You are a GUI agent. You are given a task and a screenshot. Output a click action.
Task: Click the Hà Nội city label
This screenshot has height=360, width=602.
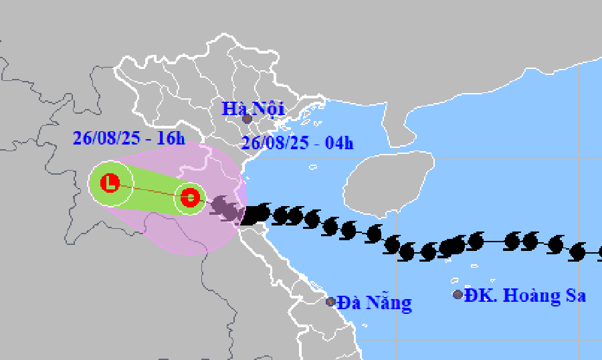click(254, 107)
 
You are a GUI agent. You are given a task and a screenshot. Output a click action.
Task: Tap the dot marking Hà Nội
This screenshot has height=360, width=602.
click(247, 119)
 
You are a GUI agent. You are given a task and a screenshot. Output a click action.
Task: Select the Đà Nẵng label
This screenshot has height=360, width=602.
click(374, 302)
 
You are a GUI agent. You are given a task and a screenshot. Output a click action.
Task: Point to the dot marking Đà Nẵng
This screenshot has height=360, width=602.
click(330, 302)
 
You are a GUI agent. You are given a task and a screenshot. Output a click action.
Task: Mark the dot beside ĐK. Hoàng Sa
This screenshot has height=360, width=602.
click(458, 294)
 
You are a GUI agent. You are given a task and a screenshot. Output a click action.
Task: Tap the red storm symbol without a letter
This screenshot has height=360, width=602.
click(189, 198)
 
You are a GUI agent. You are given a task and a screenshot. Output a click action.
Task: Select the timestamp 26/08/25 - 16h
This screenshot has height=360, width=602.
click(128, 139)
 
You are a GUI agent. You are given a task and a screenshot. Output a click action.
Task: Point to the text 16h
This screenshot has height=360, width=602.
click(171, 139)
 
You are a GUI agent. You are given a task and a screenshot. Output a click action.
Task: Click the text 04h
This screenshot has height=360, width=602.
click(339, 143)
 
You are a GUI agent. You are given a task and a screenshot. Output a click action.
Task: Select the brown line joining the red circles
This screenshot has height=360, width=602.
click(150, 191)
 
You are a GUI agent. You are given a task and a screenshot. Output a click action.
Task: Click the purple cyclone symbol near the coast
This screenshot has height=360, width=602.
click(225, 209)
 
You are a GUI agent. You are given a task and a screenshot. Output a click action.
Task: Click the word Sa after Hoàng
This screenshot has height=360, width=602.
click(576, 295)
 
